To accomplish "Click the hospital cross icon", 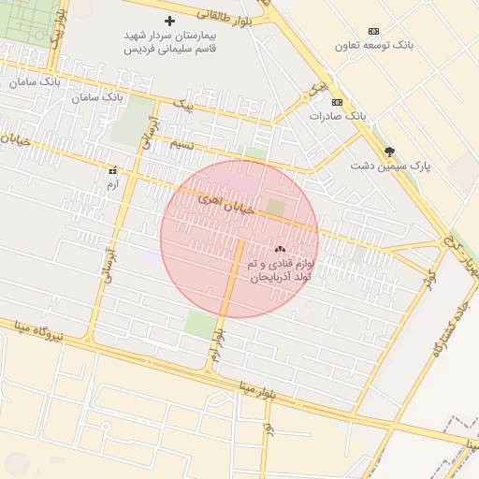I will pos(169,21).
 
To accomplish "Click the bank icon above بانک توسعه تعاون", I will pos(374,31).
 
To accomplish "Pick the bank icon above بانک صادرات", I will pos(337,103).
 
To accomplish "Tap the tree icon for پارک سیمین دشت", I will pos(389,152).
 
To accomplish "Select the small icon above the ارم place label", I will pos(112,171).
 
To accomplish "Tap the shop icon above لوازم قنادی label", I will pos(280,250).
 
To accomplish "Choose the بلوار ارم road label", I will pos(217,346).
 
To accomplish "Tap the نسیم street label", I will pos(182,144).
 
